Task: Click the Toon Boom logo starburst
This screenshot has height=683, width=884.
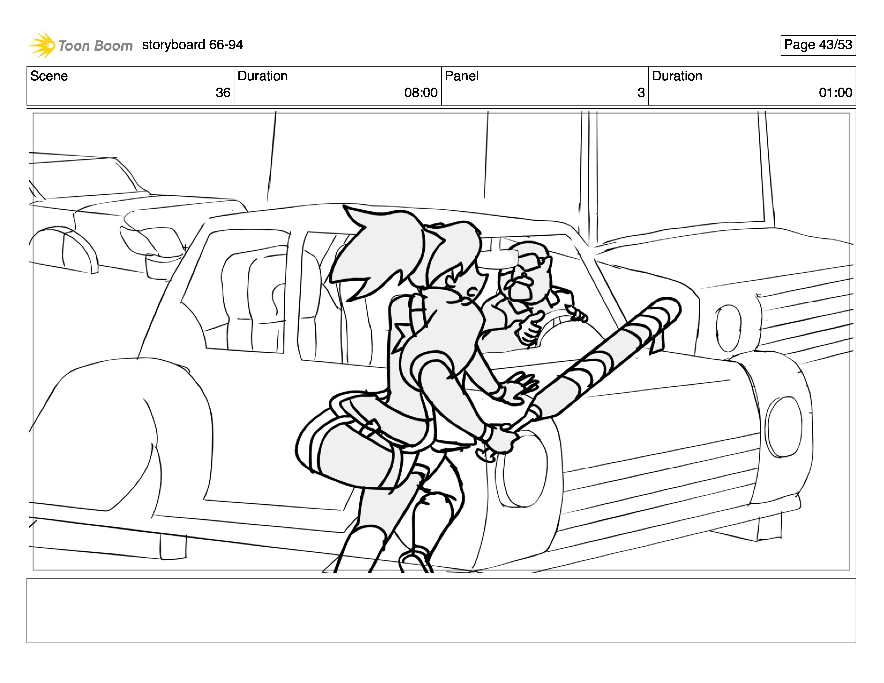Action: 42,45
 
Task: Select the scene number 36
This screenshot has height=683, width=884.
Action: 223,93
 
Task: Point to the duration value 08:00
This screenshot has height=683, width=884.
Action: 421,93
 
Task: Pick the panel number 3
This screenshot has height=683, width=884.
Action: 641,93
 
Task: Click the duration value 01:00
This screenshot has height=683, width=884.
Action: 836,93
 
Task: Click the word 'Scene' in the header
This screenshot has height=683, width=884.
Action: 49,76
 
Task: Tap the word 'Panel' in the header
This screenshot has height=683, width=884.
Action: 462,76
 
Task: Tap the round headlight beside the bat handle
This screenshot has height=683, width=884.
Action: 522,469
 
